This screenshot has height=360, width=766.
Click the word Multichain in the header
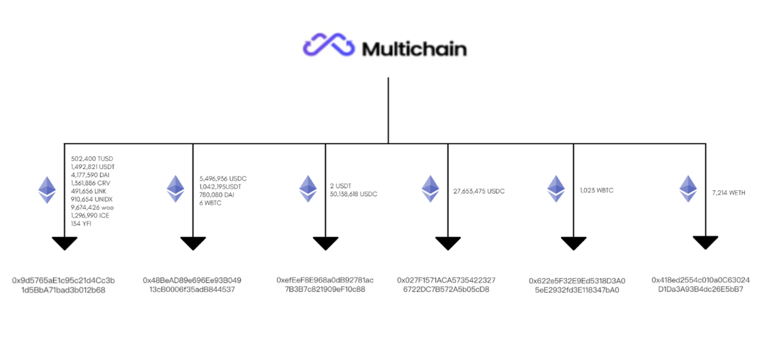pos(414,48)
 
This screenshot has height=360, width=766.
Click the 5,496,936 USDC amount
pos(223,177)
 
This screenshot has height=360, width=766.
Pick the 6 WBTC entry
pos(211,203)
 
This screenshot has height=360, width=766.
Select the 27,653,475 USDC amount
pos(479,191)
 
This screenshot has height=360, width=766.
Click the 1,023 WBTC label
pos(596,190)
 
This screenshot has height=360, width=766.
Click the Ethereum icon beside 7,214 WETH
pos(688,189)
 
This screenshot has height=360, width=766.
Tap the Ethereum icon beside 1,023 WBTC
pos(556,189)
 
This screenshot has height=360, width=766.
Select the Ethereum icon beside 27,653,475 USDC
pos(429,189)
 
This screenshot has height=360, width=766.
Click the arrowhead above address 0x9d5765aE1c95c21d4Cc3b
pos(64,243)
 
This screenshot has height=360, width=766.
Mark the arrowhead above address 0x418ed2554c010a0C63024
pos(705,242)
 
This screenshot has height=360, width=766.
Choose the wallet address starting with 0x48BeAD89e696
pos(192,285)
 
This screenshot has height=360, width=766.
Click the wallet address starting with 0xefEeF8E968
pos(325,285)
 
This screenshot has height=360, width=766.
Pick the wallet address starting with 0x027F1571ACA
pos(447,285)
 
